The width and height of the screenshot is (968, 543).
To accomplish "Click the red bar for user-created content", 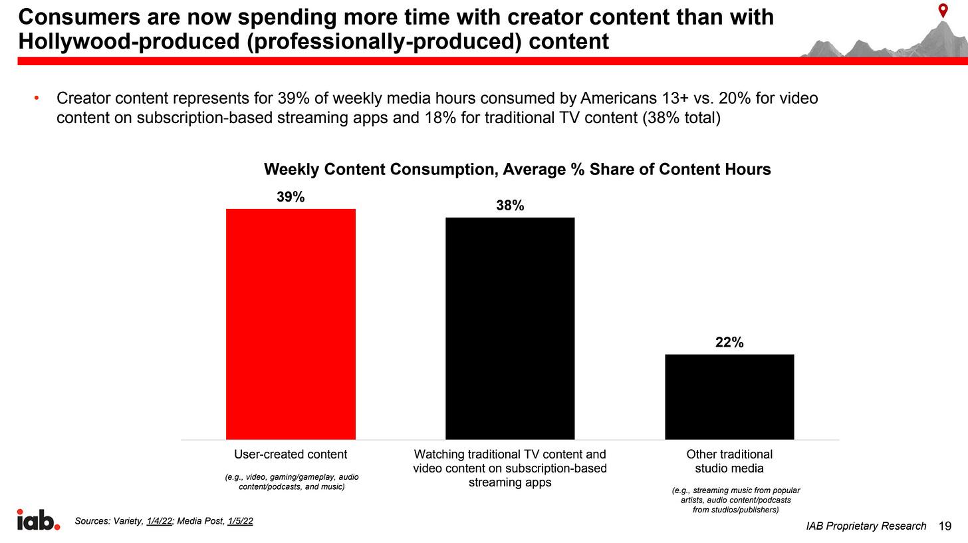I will click(x=291, y=324).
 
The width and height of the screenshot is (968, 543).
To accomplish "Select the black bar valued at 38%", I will click(x=510, y=328).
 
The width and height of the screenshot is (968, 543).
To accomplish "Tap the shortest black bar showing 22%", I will click(x=729, y=397).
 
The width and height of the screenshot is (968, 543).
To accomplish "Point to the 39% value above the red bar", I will click(x=291, y=197).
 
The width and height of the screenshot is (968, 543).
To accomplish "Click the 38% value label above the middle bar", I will click(x=510, y=206).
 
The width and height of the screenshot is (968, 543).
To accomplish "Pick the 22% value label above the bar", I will click(x=729, y=343).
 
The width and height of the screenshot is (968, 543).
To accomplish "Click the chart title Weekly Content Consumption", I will click(x=517, y=169).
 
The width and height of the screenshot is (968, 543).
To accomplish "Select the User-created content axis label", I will click(x=291, y=454).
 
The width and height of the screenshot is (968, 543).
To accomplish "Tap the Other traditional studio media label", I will click(x=729, y=461).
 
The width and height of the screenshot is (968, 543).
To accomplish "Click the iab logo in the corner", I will click(x=38, y=520).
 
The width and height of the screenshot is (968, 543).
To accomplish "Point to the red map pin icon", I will click(x=943, y=11).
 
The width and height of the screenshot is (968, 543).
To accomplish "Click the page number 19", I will click(x=945, y=526).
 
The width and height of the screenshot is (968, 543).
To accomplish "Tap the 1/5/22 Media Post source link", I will click(x=240, y=521).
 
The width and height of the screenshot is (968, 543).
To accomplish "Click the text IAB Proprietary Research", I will click(x=866, y=526).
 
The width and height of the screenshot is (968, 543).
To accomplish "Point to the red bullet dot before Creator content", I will click(x=37, y=99).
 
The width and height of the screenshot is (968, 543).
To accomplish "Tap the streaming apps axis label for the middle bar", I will click(x=510, y=482).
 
